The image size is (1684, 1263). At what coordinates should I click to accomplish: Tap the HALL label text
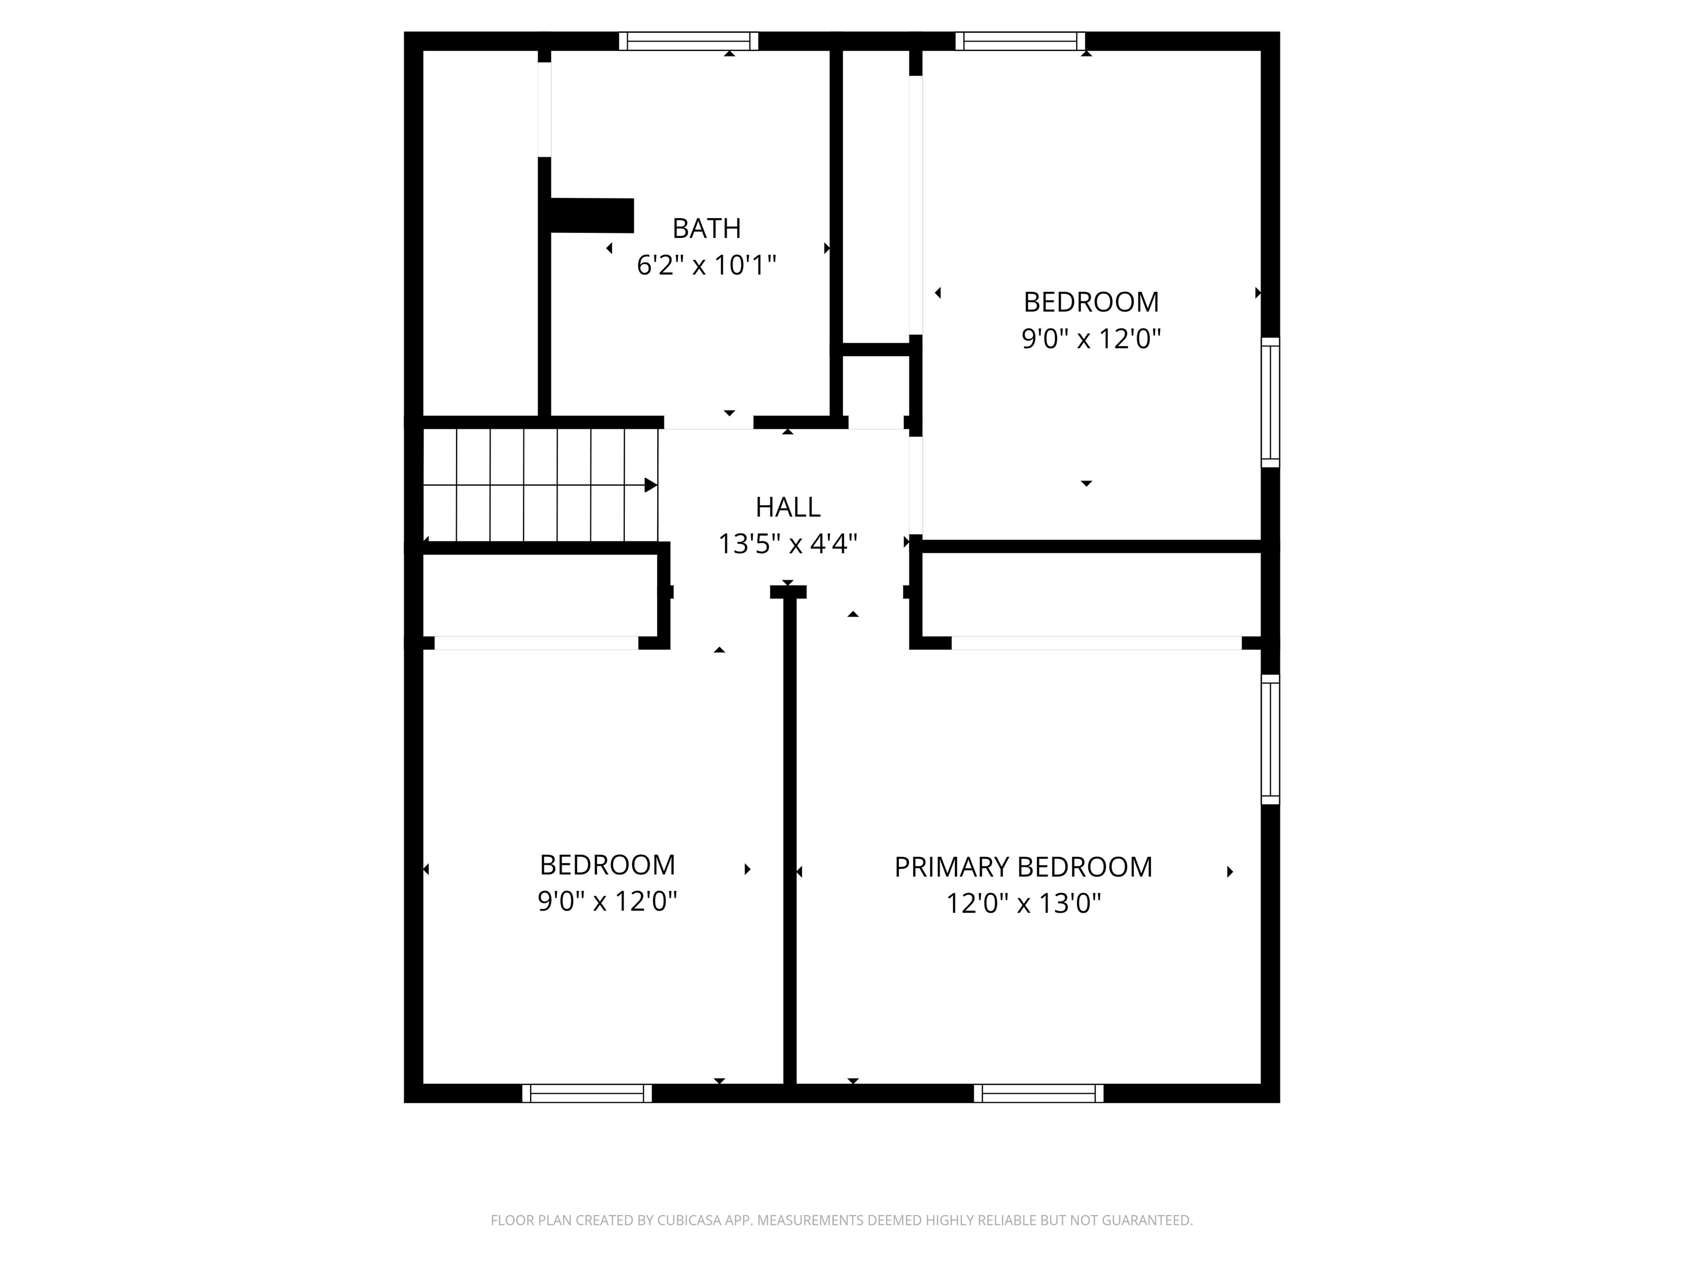click(x=788, y=507)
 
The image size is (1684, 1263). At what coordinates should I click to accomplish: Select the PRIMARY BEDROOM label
click(x=1023, y=867)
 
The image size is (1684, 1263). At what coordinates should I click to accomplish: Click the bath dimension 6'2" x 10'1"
click(x=707, y=265)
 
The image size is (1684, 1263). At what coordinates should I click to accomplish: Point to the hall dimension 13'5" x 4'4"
click(x=788, y=544)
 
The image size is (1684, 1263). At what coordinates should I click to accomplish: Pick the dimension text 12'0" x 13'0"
click(x=1023, y=903)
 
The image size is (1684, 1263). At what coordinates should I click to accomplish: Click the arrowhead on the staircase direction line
click(x=651, y=485)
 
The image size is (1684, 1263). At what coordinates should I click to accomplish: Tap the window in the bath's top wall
click(x=688, y=41)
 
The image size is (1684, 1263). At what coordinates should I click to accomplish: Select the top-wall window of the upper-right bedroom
click(x=1020, y=41)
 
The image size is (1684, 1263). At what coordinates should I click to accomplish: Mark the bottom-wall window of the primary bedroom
click(x=1038, y=1093)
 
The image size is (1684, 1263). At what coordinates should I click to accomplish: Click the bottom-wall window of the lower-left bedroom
click(x=587, y=1093)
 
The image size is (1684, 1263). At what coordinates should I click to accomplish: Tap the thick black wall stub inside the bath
click(x=592, y=215)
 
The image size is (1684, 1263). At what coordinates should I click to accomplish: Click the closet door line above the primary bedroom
click(x=1096, y=644)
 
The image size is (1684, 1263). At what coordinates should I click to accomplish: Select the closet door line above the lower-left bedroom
click(x=536, y=644)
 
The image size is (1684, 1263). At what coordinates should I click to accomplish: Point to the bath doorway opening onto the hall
click(x=709, y=423)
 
